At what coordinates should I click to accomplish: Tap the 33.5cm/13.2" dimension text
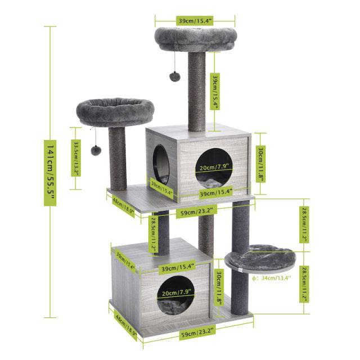(x=76, y=158)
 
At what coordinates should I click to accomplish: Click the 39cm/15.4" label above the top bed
(x=195, y=20)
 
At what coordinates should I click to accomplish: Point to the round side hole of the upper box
(x=161, y=163)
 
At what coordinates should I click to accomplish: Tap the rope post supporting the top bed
(x=198, y=93)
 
